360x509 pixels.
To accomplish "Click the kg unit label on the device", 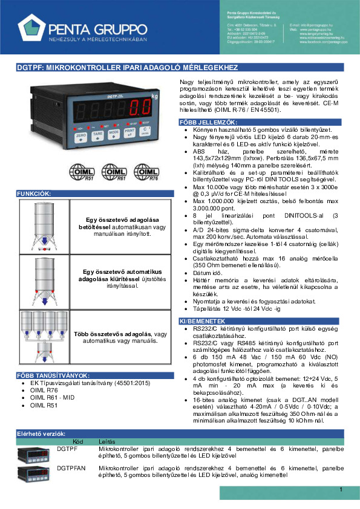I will click(155, 96).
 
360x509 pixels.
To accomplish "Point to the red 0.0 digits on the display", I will click(140, 110).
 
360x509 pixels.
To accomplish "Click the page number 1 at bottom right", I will click(341, 489).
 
